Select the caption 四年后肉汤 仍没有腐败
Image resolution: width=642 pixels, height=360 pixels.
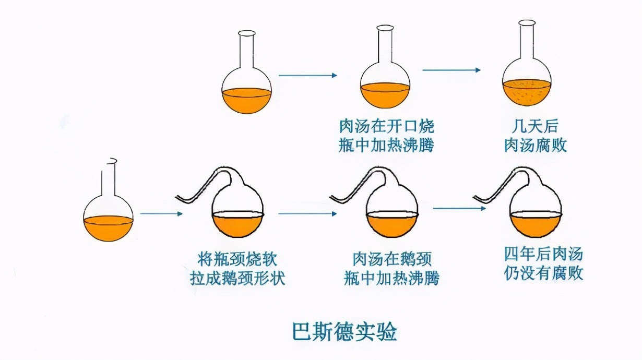coord(543,264)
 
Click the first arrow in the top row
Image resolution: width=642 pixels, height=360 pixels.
coord(308,75)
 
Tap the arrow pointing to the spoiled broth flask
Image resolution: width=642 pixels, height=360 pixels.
coord(451,70)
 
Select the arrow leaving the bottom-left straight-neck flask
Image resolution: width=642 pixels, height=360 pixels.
coord(161,214)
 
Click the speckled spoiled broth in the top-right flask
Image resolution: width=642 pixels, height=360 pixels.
coord(527,93)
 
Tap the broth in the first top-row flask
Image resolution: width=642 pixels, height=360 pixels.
coord(247,100)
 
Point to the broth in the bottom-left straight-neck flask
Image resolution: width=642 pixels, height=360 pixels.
coord(108,228)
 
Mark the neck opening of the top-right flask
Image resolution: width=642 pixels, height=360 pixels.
coord(527,23)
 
